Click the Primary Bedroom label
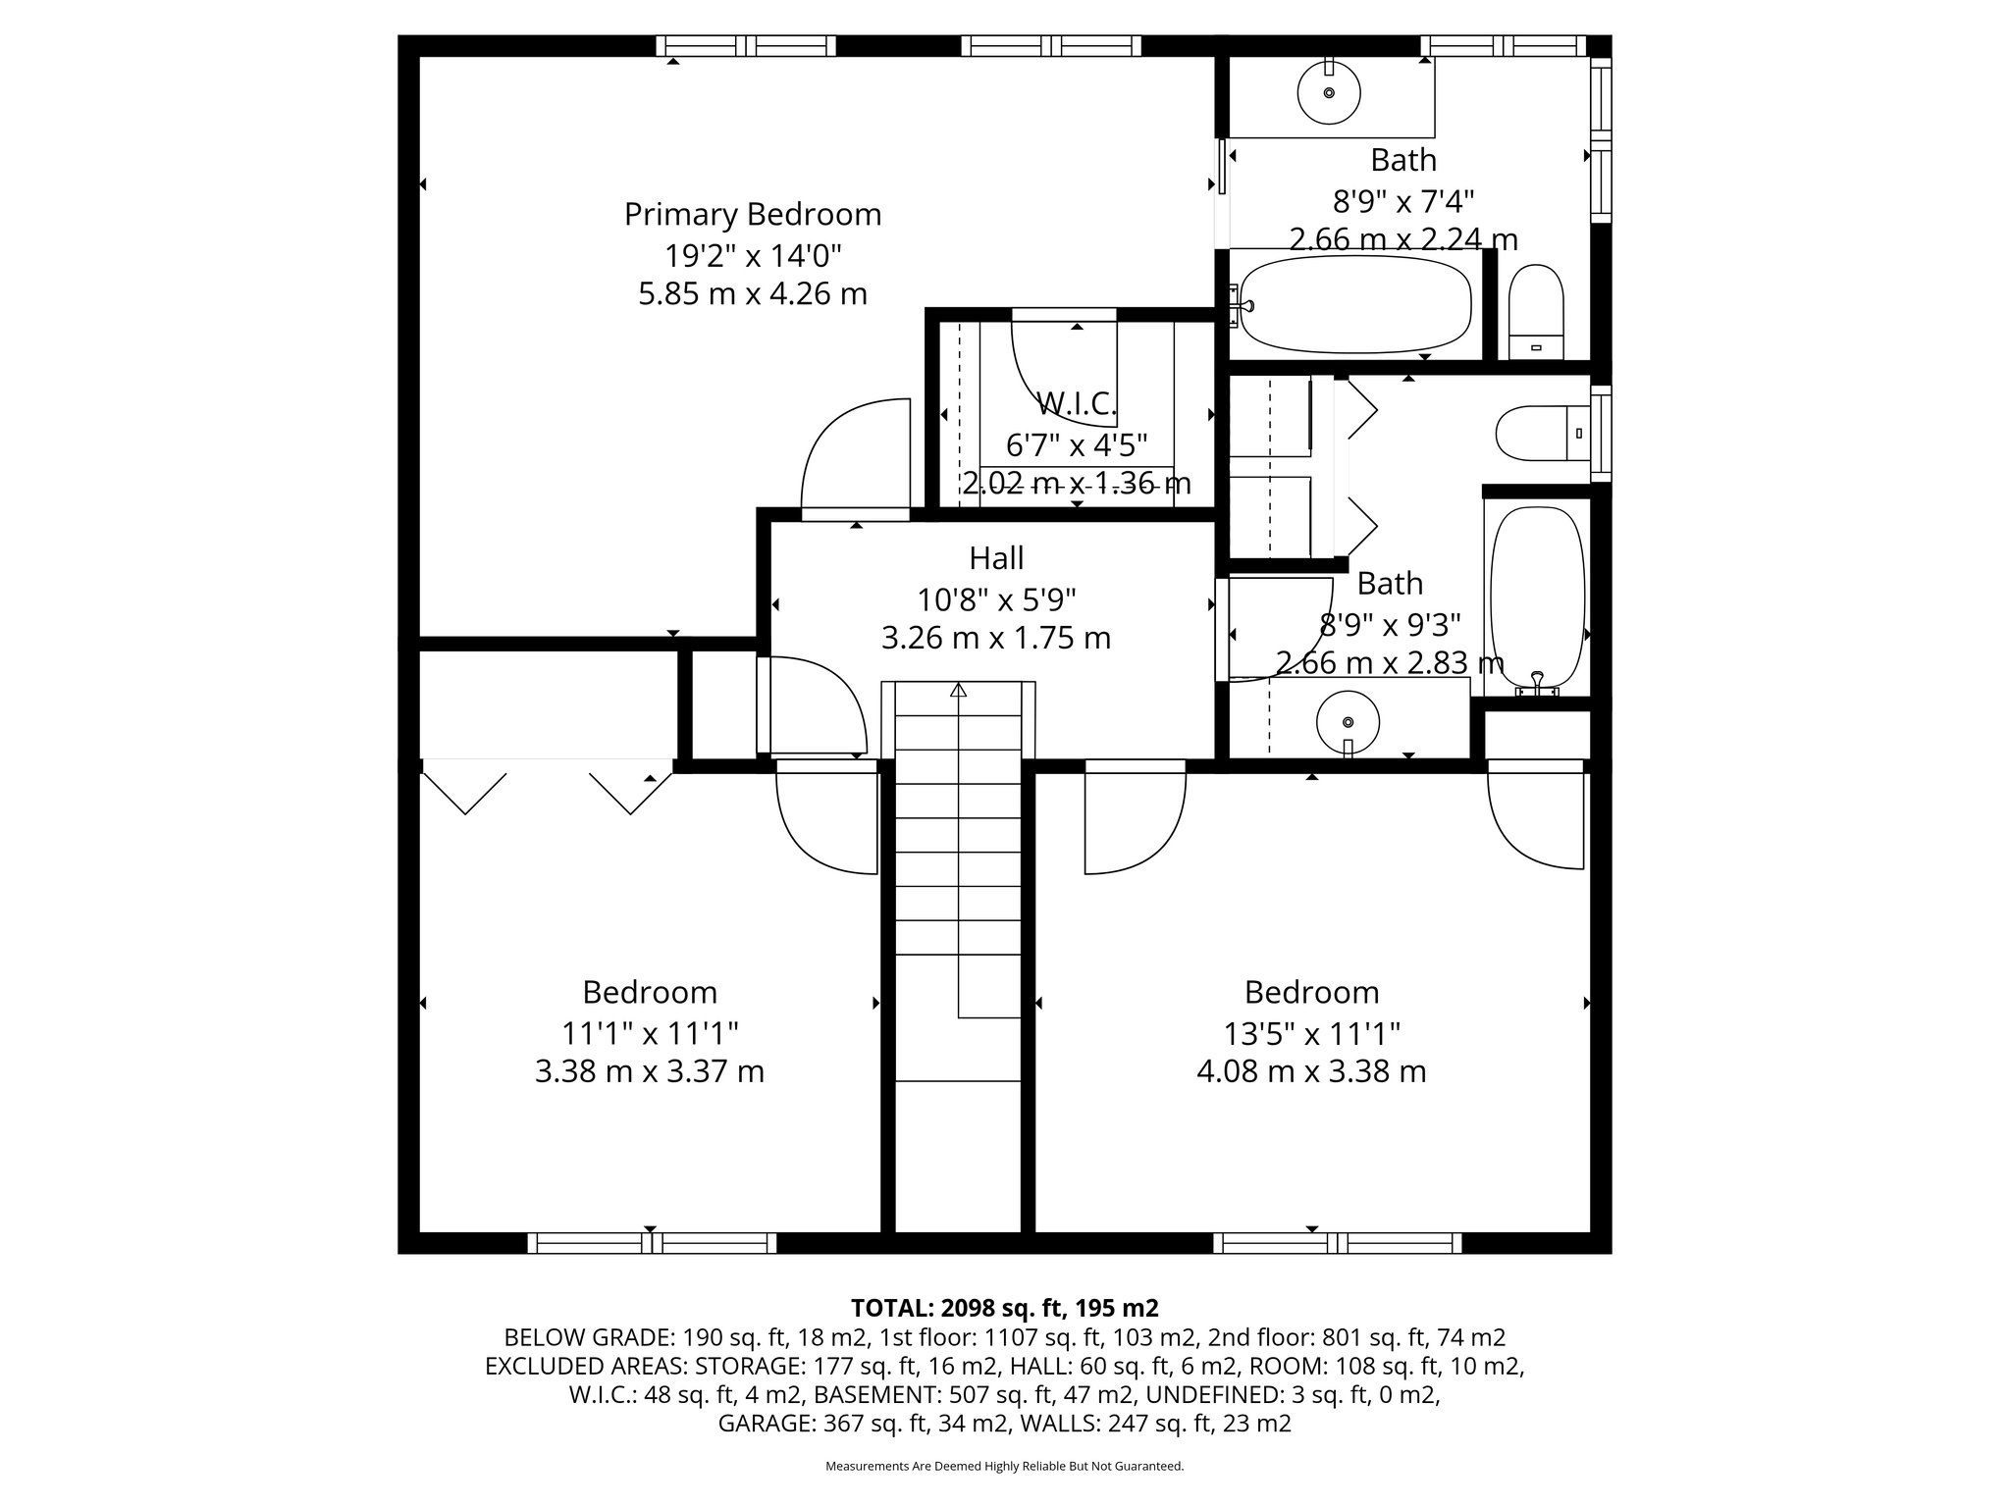point(753,214)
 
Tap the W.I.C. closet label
point(1077,403)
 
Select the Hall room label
point(996,558)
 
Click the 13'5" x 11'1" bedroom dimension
point(1311,1033)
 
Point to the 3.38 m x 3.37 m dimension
point(649,1071)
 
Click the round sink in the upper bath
point(1329,93)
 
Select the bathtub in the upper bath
point(1355,304)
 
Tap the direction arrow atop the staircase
point(959,691)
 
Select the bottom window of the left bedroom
point(652,1243)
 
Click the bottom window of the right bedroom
point(1337,1243)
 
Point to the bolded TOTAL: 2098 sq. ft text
point(1004,1308)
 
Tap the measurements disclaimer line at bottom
point(1004,1466)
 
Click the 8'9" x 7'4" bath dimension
point(1402,201)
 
